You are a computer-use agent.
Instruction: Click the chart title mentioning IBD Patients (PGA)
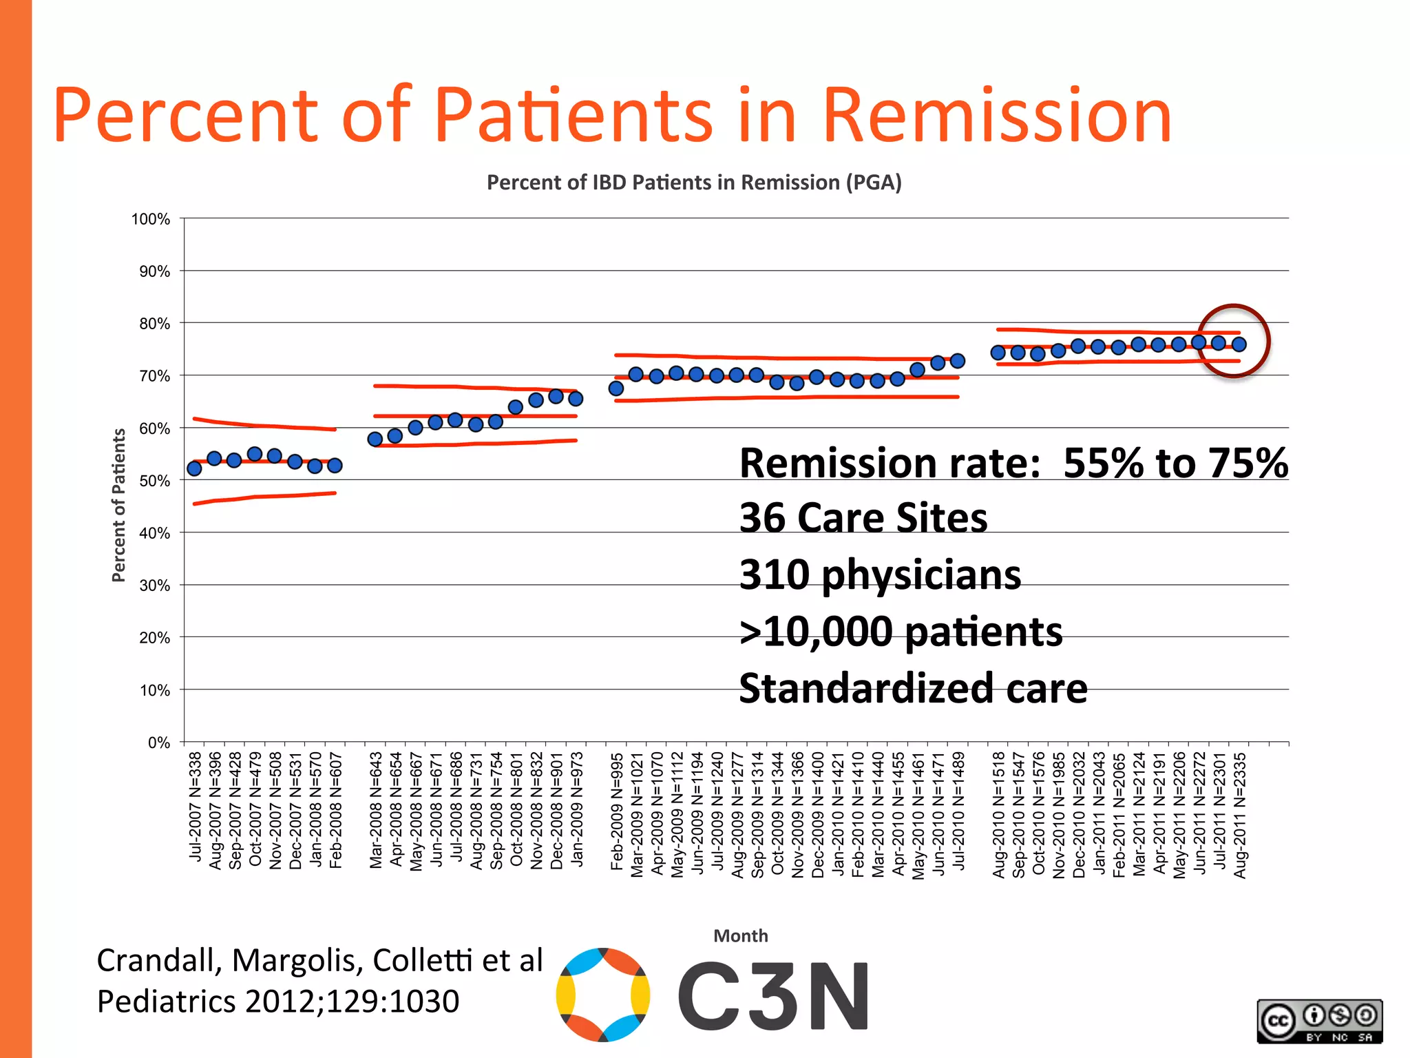tap(694, 183)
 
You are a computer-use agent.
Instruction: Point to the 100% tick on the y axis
tap(151, 219)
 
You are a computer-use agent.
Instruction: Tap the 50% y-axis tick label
tap(154, 481)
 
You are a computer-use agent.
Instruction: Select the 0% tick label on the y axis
tap(158, 743)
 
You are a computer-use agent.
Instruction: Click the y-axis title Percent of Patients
tap(118, 505)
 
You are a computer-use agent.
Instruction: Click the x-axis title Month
tap(740, 935)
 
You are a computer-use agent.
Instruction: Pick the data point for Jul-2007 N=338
tap(194, 468)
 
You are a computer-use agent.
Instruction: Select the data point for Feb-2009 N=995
tap(616, 388)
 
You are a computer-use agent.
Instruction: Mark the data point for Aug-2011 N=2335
tap(1239, 344)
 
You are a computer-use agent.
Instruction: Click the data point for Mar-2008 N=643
tap(375, 439)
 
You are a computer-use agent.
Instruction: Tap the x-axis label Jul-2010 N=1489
tap(958, 810)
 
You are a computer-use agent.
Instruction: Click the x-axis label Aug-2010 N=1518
tap(998, 815)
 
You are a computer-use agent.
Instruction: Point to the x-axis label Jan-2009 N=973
tap(577, 809)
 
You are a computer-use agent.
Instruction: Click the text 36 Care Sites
tap(863, 518)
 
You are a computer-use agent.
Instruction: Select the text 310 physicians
tap(879, 574)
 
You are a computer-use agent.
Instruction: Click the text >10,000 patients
tap(900, 632)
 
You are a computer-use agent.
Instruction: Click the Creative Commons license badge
tap(1319, 1021)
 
